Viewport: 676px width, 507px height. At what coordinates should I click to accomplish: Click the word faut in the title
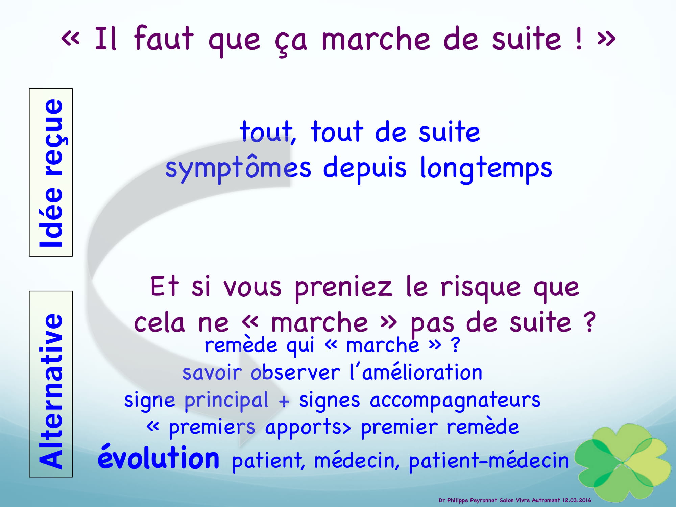164,38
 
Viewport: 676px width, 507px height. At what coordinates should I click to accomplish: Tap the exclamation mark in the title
579,38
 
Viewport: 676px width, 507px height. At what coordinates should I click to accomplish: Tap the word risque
480,288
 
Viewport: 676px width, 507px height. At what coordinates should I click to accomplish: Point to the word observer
295,373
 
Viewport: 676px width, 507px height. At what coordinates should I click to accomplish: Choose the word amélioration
422,372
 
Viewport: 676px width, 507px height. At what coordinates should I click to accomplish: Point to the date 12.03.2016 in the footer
577,500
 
